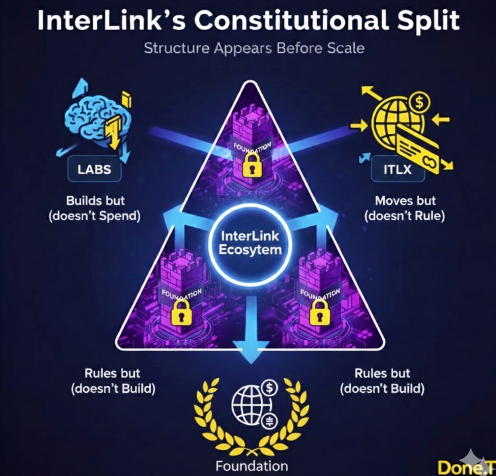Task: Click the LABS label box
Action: pyautogui.click(x=94, y=169)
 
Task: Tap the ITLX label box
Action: pyautogui.click(x=397, y=169)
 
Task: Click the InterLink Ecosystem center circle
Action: pyautogui.click(x=250, y=243)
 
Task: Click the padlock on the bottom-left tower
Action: pyautogui.click(x=181, y=311)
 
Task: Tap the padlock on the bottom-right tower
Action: pyautogui.click(x=319, y=311)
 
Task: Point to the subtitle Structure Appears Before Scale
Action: pyautogui.click(x=254, y=48)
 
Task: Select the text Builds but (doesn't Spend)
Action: pyautogui.click(x=95, y=208)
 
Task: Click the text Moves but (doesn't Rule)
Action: pyautogui.click(x=404, y=208)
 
